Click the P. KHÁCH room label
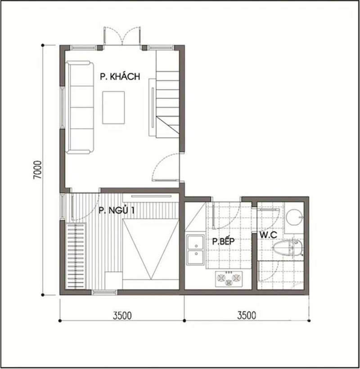(120, 77)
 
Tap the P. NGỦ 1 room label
(117, 210)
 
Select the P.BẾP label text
(225, 241)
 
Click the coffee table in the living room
(113, 107)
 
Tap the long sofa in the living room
(81, 107)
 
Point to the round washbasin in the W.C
(295, 218)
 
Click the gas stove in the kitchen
(229, 279)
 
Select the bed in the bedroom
(150, 248)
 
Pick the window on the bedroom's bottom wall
(104, 292)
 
